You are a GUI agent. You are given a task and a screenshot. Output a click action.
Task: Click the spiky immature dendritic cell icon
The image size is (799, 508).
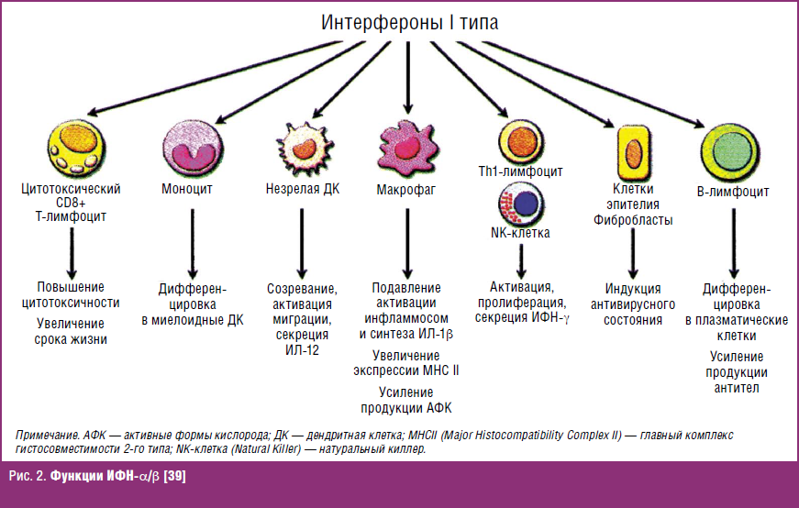[301, 147]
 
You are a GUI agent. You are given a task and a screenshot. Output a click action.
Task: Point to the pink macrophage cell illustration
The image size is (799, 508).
[405, 143]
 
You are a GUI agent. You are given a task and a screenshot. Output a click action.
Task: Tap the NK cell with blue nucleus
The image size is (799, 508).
[520, 203]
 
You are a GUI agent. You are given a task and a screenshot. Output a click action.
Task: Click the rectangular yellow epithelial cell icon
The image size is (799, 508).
[632, 149]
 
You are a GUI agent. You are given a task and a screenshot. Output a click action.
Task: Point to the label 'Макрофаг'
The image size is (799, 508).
[405, 191]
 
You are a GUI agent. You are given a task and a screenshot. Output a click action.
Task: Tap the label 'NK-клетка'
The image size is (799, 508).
[520, 233]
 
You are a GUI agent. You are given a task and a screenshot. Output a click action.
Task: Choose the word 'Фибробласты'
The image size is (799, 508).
[633, 220]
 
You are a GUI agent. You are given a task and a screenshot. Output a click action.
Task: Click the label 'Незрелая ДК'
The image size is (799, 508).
[302, 190]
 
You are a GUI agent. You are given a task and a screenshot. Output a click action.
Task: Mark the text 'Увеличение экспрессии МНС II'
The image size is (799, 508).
[406, 362]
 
